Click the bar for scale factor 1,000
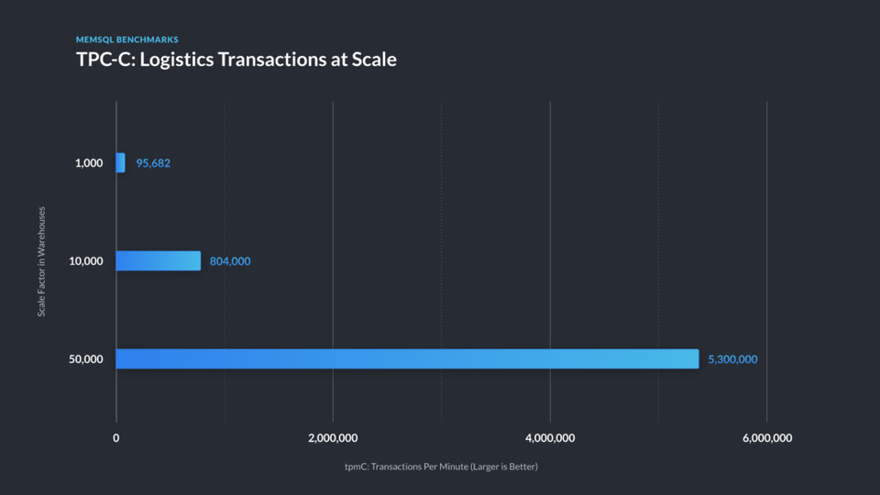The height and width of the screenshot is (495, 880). (121, 163)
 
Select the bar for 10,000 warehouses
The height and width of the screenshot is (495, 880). (158, 260)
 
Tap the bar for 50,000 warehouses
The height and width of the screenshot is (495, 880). (407, 358)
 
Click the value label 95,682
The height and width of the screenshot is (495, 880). (153, 163)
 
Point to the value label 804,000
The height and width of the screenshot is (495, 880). (230, 261)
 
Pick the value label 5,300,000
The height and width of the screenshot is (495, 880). (732, 359)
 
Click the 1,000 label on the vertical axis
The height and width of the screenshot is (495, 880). (89, 163)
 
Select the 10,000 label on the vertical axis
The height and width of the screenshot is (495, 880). (86, 261)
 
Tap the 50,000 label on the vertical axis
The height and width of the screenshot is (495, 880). (86, 359)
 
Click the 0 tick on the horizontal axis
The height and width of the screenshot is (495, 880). (116, 438)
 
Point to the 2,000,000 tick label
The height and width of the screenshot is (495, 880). (333, 438)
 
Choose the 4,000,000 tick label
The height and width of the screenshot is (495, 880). (550, 438)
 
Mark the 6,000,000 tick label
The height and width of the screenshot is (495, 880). (767, 438)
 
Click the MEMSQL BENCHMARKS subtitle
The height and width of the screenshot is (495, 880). (126, 40)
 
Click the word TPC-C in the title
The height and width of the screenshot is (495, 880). (102, 60)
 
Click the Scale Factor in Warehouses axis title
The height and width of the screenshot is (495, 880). (41, 262)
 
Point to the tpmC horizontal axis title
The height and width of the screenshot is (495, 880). (441, 467)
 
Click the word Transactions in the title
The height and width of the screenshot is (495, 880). (272, 60)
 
